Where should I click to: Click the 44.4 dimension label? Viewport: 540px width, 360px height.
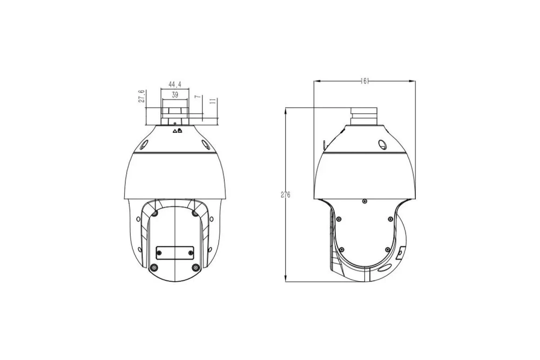[x=174, y=84]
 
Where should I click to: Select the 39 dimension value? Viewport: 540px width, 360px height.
[x=174, y=95]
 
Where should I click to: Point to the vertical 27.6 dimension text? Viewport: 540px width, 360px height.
[x=141, y=97]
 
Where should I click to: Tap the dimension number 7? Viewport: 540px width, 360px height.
[x=198, y=97]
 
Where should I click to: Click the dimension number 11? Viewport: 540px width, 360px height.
[x=213, y=101]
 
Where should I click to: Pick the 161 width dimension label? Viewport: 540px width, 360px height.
[x=364, y=81]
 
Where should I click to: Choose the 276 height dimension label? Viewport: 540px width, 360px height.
[x=286, y=195]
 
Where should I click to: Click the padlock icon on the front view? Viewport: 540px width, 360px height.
[x=180, y=131]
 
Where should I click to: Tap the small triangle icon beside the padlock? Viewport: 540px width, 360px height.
[x=174, y=131]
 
